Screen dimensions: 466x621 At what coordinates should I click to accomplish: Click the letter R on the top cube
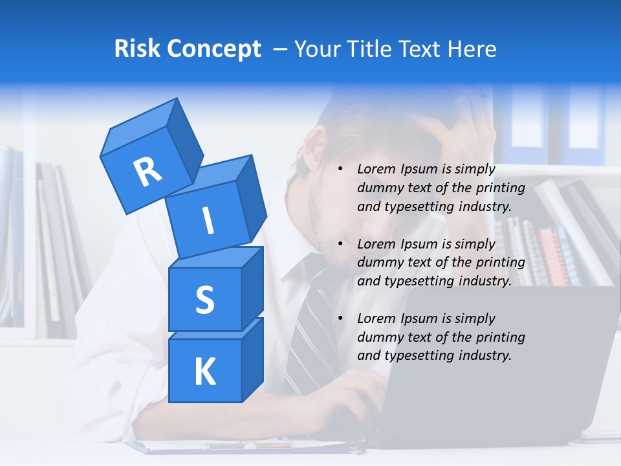(147, 172)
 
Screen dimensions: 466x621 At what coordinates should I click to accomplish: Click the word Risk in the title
(137, 49)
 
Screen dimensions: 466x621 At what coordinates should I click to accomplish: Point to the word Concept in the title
(214, 49)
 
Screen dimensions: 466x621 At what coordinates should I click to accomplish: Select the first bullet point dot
(340, 170)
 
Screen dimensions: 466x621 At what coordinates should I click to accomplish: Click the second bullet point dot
(340, 244)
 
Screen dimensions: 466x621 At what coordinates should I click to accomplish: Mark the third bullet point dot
(340, 318)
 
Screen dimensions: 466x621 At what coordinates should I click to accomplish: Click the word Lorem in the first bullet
(377, 169)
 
